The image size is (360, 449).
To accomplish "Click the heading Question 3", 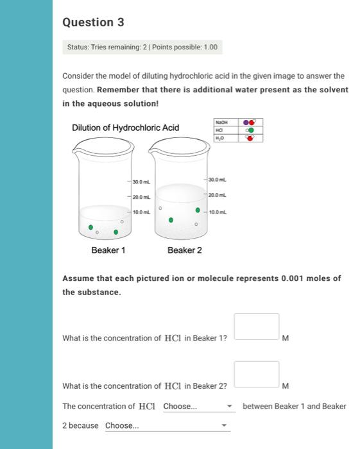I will pos(93,22).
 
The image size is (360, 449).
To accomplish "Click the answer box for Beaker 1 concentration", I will pos(257,326).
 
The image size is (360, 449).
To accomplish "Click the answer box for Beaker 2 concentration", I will pos(257,374).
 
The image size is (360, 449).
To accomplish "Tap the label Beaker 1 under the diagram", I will pos(108,250).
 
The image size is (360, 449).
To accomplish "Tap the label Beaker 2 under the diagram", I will pos(184,250).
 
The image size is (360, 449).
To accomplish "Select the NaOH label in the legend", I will pos(222,121).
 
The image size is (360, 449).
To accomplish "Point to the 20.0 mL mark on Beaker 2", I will pos(218,194).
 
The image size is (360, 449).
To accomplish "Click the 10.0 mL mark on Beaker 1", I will pos(142,212).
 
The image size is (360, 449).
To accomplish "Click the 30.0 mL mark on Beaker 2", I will pos(218,178).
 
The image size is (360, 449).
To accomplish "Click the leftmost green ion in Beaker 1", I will pos(91,227).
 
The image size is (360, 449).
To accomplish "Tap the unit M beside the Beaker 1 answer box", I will pos(286,338).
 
